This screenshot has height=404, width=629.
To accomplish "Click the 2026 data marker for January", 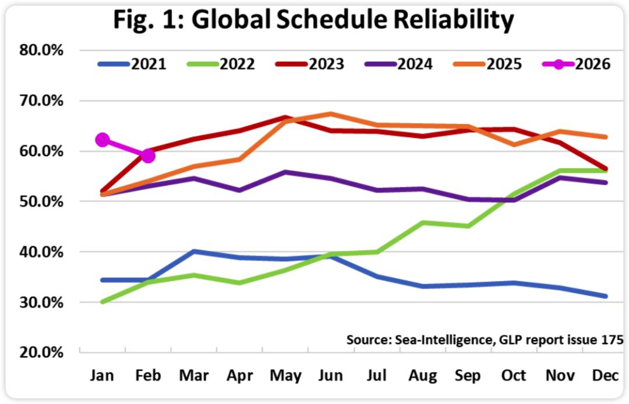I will tap(103, 140).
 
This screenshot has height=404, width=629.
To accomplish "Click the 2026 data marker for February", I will tap(148, 155).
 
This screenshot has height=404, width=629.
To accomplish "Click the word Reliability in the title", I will tap(447, 20).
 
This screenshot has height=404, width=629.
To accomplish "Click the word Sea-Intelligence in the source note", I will tap(428, 339).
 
